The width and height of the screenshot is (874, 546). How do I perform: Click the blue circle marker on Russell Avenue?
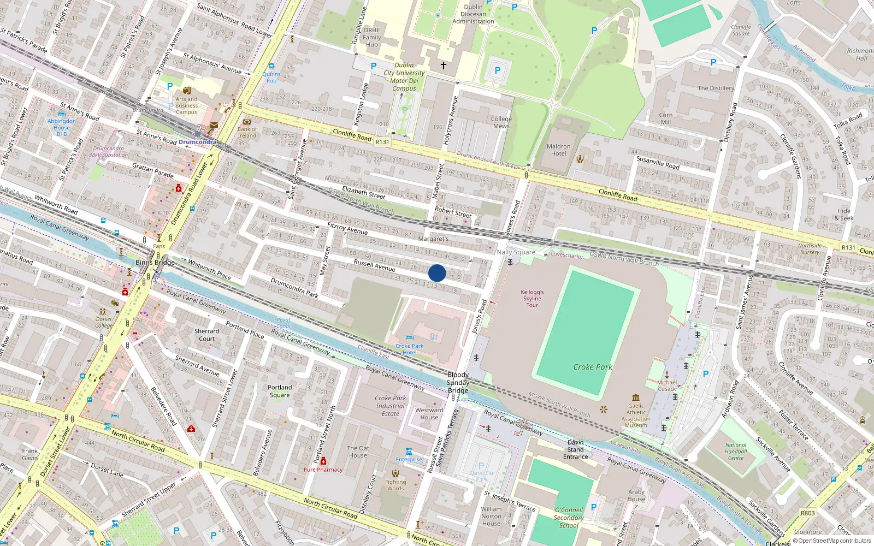[437, 273]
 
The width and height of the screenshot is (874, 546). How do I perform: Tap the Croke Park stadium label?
[593, 367]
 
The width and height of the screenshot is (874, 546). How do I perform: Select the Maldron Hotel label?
[558, 150]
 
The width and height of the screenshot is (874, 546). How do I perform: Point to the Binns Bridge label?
[155, 263]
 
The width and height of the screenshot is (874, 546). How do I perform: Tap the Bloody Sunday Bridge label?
[458, 382]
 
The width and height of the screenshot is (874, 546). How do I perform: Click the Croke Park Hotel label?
[410, 349]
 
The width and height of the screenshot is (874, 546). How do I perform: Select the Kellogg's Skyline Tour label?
[532, 299]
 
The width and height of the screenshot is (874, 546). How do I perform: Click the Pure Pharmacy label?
[323, 470]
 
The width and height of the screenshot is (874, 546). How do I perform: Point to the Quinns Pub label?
[271, 77]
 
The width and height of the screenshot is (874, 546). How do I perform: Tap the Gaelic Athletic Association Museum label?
[636, 416]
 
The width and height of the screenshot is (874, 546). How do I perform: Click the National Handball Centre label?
[736, 452]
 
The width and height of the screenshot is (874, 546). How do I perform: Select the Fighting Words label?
[395, 485]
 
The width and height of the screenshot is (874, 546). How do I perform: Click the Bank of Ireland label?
[247, 132]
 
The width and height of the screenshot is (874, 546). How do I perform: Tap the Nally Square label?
[516, 252]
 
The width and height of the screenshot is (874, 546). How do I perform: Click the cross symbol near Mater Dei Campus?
[444, 66]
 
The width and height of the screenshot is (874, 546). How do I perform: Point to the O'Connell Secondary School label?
[569, 518]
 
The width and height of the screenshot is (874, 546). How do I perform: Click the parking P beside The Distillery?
[713, 63]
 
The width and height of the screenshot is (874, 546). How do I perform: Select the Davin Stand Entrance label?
[576, 449]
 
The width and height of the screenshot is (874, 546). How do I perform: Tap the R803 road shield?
[807, 513]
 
